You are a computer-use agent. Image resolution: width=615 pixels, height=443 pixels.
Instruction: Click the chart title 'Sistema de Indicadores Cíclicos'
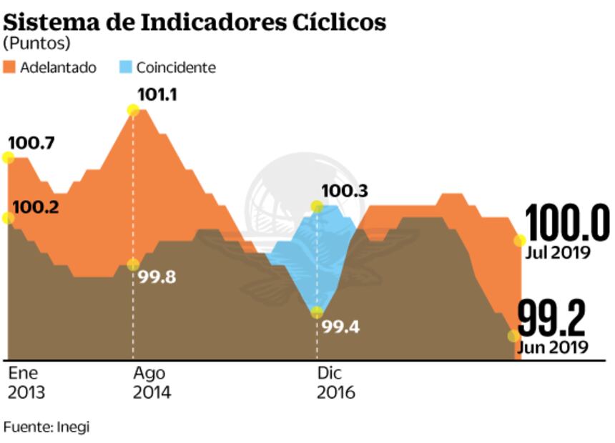pos(195,21)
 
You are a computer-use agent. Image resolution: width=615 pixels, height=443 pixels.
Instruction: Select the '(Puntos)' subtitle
pos(37,44)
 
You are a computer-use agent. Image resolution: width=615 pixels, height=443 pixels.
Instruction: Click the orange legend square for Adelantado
pos(9,68)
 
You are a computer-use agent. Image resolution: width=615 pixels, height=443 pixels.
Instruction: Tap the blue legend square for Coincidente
pos(125,68)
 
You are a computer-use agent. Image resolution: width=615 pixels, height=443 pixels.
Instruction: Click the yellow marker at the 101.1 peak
pos(132,110)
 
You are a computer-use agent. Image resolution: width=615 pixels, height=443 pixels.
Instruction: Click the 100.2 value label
pos(36,207)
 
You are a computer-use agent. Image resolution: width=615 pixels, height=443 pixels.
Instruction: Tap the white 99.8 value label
pos(157,277)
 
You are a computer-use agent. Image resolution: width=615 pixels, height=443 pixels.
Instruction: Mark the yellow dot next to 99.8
pos(132,264)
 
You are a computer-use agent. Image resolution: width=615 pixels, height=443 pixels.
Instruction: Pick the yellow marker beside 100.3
pos(317,206)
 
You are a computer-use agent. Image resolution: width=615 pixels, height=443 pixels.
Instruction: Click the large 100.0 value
pos(567,224)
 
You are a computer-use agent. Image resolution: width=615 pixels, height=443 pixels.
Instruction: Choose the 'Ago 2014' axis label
pos(152,383)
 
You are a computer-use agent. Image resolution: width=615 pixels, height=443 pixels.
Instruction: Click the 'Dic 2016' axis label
pos(335,383)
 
